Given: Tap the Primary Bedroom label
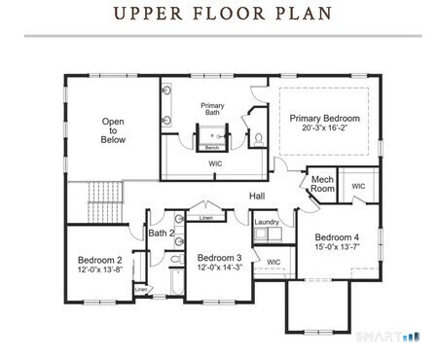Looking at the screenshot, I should [324, 118].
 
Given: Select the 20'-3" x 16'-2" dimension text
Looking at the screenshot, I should [324, 128].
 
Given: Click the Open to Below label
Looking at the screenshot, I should [113, 130].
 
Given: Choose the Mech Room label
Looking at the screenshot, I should [323, 185].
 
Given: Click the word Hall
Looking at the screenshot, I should [257, 197].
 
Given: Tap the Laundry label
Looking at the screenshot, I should [267, 223].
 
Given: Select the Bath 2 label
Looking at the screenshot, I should [162, 234].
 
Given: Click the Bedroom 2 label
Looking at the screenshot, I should [99, 260].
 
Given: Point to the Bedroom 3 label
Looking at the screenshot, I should [219, 257].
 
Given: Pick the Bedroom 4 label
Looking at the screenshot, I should [337, 237].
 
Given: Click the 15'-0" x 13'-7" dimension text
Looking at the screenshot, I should [337, 247].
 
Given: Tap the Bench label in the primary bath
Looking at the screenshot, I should [211, 147].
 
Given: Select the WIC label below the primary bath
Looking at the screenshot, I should [215, 164].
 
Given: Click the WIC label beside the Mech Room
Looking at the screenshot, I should [358, 186].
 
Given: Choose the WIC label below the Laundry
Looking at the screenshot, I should [274, 262].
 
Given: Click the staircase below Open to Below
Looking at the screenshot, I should [103, 201].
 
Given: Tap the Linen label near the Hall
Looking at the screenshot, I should [206, 218].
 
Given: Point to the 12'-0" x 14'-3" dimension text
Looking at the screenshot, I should [219, 268].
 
